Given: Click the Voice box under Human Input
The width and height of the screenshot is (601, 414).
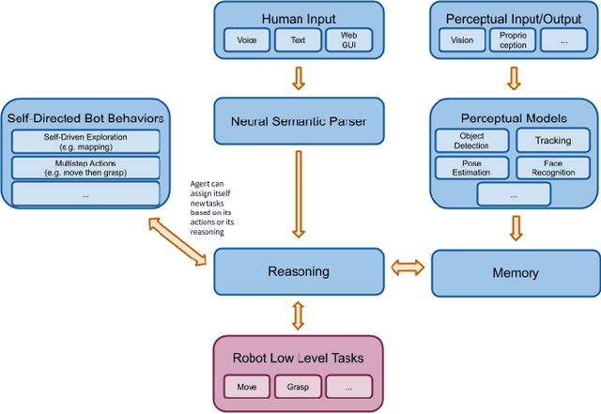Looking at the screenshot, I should coord(247,39).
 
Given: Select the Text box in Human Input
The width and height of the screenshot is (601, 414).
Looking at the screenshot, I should coord(297,39).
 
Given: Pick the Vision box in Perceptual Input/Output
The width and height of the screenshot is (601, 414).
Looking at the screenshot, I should coord(462,40).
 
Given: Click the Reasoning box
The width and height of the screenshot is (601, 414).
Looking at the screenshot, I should coord(299,272).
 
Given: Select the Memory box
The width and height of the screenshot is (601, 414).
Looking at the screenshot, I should coord(515,272).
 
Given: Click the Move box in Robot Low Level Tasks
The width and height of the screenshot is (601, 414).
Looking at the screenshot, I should coord(246,386).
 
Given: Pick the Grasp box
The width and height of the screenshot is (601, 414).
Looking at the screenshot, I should coord(298,386).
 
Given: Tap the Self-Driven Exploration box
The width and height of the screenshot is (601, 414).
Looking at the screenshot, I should coord(85,141).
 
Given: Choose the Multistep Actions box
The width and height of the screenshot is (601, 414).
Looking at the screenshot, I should coord(85,168).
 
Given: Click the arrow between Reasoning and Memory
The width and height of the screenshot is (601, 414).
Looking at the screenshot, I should coord(407,270).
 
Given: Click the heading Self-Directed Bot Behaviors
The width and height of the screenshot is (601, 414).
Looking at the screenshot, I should coord(85,117).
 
